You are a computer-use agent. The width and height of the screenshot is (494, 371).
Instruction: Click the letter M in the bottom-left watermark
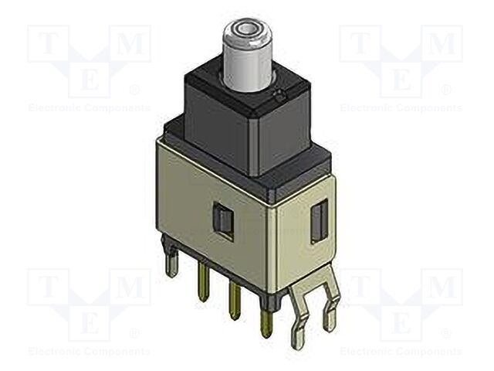[132, 288]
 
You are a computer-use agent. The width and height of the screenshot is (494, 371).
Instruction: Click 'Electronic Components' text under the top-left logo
[89, 108]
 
